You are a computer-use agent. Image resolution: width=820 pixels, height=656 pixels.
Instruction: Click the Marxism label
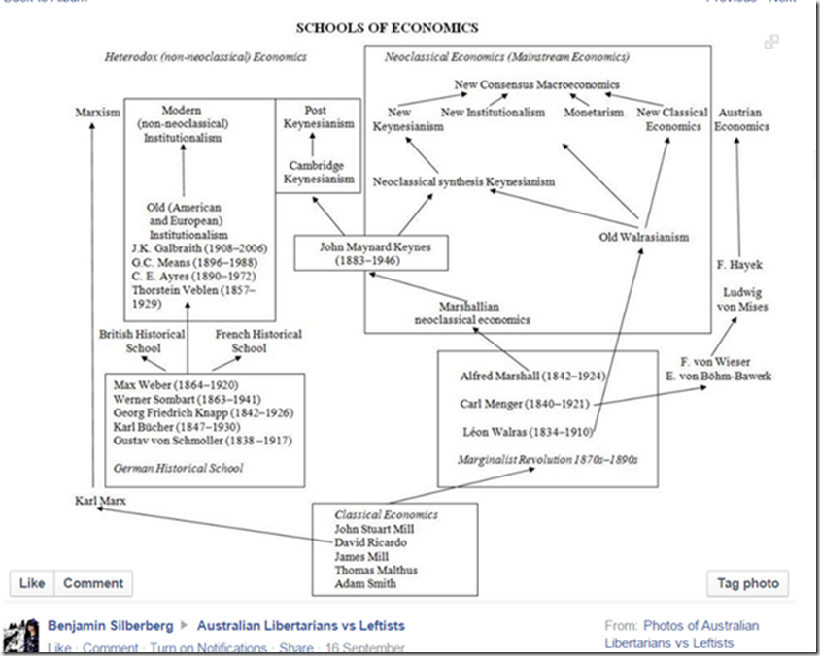pyautogui.click(x=97, y=113)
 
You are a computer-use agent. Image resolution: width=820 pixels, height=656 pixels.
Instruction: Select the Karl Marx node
pyautogui.click(x=100, y=501)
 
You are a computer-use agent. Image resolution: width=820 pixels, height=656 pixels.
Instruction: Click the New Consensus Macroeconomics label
pyautogui.click(x=536, y=85)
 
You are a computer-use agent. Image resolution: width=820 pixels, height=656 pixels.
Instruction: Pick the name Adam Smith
pyautogui.click(x=366, y=584)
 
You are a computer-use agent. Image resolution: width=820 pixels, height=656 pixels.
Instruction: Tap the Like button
pyautogui.click(x=32, y=583)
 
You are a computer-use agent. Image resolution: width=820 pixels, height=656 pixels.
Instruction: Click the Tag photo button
pyautogui.click(x=747, y=583)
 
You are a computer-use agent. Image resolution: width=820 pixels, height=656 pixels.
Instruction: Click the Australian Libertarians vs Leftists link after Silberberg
pyautogui.click(x=300, y=626)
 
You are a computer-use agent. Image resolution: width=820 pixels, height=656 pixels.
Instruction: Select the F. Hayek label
pyautogui.click(x=738, y=264)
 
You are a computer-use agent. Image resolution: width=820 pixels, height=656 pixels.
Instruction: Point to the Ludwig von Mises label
pyautogui.click(x=744, y=299)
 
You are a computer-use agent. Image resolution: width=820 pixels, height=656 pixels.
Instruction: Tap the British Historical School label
pyautogui.click(x=143, y=341)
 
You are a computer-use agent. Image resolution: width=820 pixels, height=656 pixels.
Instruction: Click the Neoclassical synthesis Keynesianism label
pyautogui.click(x=464, y=181)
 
